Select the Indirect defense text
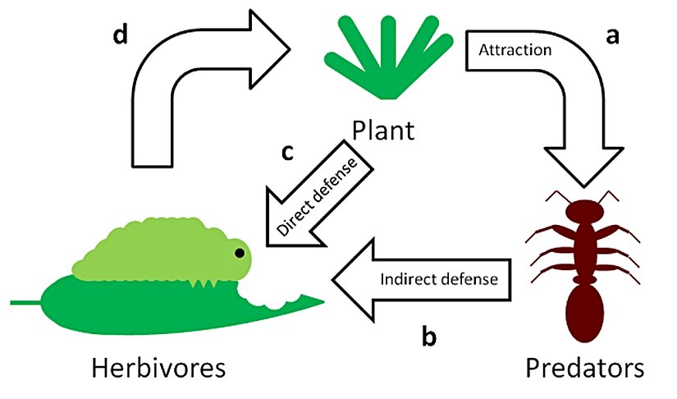pyautogui.click(x=439, y=277)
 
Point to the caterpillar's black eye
pyautogui.click(x=240, y=252)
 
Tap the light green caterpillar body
pyautogui.click(x=156, y=250)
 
